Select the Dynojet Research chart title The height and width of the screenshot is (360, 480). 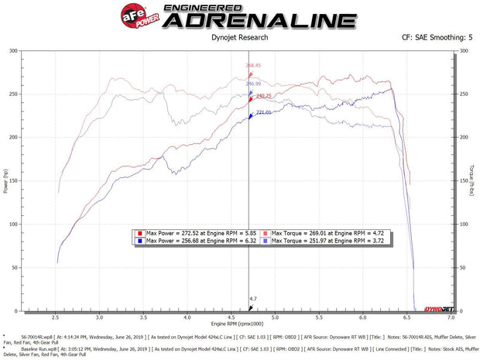(x=239, y=36)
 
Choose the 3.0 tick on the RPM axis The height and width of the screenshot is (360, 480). (x=99, y=317)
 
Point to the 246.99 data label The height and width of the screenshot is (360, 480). (x=254, y=84)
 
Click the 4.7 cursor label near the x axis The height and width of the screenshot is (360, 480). (x=252, y=298)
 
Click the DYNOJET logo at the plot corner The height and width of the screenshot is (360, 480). (x=437, y=309)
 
